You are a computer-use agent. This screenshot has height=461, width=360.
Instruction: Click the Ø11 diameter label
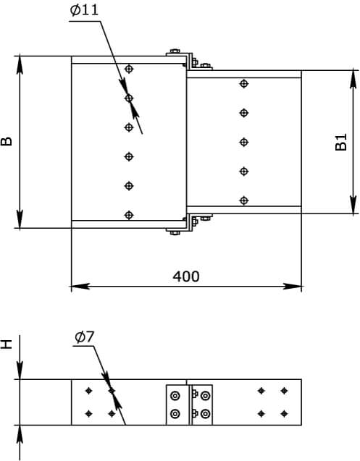[x=84, y=10]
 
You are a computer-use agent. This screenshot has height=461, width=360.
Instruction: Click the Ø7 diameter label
[x=85, y=337]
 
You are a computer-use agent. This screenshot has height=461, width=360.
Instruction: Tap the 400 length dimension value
[x=185, y=276]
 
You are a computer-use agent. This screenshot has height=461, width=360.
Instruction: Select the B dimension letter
[x=7, y=141]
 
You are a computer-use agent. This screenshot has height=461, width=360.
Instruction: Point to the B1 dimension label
[x=341, y=142]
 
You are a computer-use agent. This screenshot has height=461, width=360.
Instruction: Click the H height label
[x=7, y=344]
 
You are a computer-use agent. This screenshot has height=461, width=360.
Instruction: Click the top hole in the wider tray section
[x=129, y=69]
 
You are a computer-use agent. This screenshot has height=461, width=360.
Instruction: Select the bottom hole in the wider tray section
[x=129, y=215]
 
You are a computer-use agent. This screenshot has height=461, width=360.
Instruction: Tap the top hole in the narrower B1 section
[x=243, y=83]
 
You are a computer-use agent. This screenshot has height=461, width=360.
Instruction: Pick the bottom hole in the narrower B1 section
[x=243, y=200]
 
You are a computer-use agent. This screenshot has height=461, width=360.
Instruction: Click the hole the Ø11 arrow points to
[x=129, y=98]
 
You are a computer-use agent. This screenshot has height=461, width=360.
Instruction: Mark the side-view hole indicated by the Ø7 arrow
[x=112, y=391]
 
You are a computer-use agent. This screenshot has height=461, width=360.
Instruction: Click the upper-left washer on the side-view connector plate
[x=175, y=396]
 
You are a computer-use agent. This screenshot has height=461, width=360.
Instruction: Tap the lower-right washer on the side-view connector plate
[x=205, y=414]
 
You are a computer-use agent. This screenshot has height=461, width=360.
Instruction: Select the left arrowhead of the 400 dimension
[x=80, y=286]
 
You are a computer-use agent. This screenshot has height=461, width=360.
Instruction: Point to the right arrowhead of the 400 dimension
[x=293, y=286]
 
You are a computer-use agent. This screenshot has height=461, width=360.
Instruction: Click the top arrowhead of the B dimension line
[x=20, y=65]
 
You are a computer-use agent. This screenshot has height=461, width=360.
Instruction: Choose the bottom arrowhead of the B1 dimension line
[x=353, y=205]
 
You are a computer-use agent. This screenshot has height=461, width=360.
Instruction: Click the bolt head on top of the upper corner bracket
[x=175, y=51]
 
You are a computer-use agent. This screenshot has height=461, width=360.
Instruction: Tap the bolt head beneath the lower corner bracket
[x=175, y=233]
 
